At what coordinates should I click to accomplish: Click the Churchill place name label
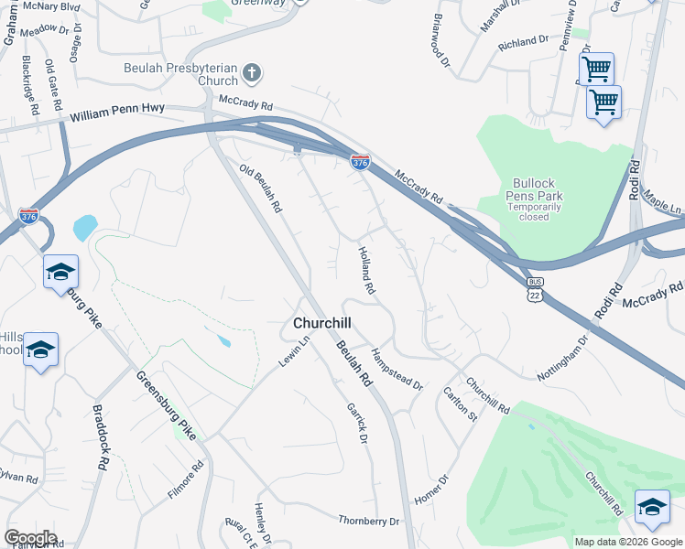pos(322,323)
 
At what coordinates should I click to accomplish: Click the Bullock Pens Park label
pos(534,189)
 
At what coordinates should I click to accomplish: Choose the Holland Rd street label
pos(366,270)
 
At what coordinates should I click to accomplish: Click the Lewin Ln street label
pos(295,351)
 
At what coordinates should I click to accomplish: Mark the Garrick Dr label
pos(356,424)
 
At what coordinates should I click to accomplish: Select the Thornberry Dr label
pos(369,521)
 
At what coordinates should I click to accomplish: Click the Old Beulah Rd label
pos(260,188)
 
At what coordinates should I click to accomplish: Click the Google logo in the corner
pos(29,538)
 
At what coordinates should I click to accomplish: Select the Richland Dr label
pos(523,42)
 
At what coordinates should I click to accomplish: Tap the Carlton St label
pos(461,404)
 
